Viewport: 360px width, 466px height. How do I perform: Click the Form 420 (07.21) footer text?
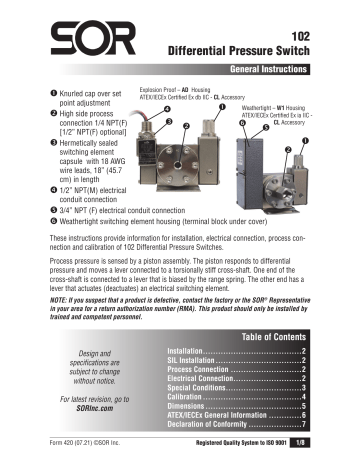click(52, 452)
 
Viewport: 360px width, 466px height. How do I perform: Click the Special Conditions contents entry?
click(199, 387)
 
